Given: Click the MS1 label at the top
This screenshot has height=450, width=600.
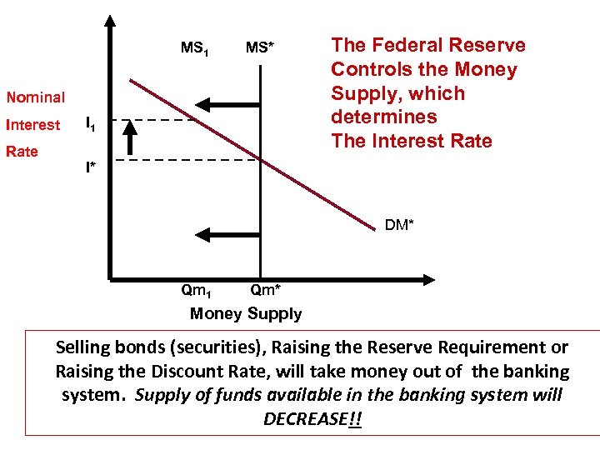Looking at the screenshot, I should click(x=194, y=48).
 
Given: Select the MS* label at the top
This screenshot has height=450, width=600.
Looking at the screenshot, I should click(x=260, y=48).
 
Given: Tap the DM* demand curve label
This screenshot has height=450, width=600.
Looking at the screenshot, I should click(x=399, y=225).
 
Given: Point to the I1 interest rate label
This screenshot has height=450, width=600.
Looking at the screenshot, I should click(x=92, y=125).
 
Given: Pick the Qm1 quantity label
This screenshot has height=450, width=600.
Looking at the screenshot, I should click(x=196, y=292).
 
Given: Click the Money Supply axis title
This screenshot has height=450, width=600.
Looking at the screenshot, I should click(x=246, y=314).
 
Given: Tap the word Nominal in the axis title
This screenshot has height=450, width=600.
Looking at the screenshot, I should click(x=35, y=97).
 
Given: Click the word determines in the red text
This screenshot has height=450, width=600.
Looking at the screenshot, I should click(x=383, y=117).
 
